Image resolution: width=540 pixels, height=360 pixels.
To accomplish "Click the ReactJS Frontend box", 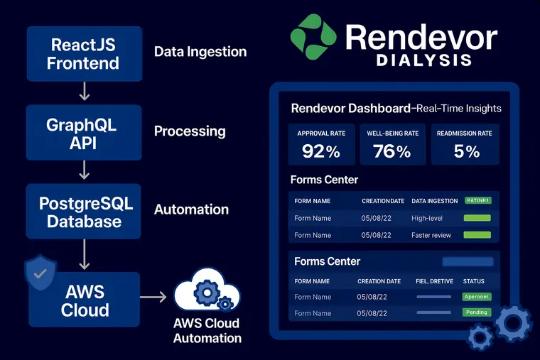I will click(84, 53).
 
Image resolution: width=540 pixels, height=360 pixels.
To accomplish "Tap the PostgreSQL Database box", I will click(84, 212).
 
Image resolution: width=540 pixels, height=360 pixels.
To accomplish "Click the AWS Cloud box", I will click(85, 300).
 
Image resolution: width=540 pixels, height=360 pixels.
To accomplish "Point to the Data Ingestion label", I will click(200, 52).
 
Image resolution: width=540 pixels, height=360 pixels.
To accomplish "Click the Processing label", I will click(190, 131).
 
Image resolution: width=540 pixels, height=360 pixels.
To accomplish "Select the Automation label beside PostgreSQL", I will click(191, 210).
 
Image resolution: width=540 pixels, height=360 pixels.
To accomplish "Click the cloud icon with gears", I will click(206, 293).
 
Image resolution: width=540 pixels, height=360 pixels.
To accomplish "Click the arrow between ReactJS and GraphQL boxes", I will click(84, 92).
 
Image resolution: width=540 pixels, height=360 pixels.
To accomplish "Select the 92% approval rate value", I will click(320, 151).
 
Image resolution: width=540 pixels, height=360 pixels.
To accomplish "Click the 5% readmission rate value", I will click(467, 151).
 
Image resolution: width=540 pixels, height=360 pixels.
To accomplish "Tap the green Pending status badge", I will click(477, 312).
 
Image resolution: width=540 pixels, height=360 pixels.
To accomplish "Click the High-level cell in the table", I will click(427, 218).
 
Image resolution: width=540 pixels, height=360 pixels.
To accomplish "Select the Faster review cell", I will click(431, 235).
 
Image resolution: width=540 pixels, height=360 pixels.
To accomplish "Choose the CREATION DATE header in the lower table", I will click(379, 281).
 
